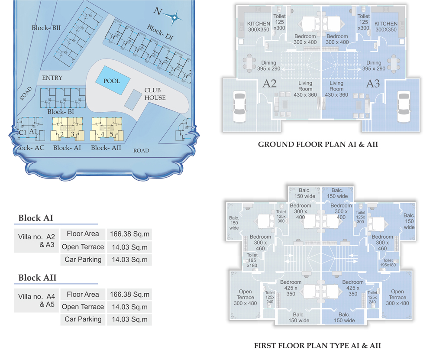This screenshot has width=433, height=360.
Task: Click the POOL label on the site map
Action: tap(112, 81)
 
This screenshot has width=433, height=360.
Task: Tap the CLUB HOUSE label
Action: tap(155, 94)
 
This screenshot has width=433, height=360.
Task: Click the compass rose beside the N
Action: tap(174, 18)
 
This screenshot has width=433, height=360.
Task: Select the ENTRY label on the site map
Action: tap(52, 78)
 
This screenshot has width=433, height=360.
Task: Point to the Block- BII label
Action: tap(46, 28)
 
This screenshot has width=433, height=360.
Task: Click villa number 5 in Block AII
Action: tap(112, 134)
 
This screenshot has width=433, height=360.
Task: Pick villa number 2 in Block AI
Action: tap(62, 134)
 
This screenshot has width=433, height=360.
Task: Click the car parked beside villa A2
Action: tap(239, 107)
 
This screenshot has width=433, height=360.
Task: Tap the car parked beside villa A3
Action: tap(404, 107)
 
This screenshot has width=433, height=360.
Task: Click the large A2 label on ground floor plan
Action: tap(269, 84)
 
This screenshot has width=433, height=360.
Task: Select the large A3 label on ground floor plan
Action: tap(373, 84)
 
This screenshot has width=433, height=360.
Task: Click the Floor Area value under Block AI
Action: tap(129, 234)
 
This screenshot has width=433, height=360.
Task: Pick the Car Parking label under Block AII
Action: tap(83, 319)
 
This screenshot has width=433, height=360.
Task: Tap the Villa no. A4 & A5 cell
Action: tap(36, 300)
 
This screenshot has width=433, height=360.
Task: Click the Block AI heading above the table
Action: tap(36, 218)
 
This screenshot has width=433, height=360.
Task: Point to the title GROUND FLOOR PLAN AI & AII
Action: tap(318, 144)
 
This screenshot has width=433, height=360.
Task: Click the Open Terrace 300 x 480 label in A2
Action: tap(245, 297)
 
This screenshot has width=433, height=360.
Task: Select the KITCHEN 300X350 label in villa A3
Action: tap(386, 26)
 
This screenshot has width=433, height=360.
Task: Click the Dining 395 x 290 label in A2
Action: tap(269, 66)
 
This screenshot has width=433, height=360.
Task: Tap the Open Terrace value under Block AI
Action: tap(129, 247)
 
